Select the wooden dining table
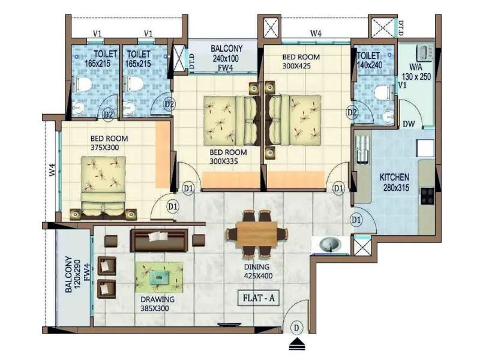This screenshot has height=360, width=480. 257,233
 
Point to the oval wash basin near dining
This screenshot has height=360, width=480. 328,245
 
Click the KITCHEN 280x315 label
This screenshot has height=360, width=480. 394,182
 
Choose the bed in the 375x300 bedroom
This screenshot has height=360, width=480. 103,185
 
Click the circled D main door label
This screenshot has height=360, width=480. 296,328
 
